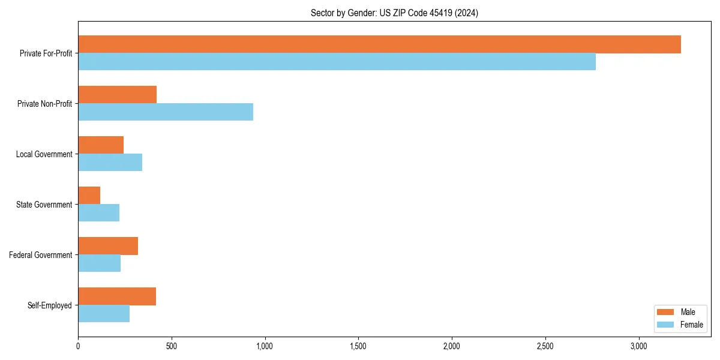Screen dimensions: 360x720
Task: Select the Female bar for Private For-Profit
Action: [337, 62]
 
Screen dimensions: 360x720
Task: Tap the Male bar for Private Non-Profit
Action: [117, 95]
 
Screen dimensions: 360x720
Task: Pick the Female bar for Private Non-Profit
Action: [166, 112]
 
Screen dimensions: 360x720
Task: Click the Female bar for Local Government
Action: [110, 163]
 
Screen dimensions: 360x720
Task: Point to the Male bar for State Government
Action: [89, 196]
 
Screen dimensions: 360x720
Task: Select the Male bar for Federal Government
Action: [108, 246]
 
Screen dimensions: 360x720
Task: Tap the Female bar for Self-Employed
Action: [104, 314]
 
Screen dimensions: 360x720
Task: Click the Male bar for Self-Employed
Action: [117, 296]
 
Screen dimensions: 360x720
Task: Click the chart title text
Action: [394, 13]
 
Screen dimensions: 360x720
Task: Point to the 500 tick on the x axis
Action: [172, 346]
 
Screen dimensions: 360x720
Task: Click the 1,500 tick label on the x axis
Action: [358, 346]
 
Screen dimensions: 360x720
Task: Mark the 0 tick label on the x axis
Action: [78, 346]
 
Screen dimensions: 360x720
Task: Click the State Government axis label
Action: [44, 205]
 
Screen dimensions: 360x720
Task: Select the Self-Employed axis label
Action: [49, 305]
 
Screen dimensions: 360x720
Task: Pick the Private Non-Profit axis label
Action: [44, 104]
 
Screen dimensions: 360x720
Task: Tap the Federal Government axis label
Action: [41, 255]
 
